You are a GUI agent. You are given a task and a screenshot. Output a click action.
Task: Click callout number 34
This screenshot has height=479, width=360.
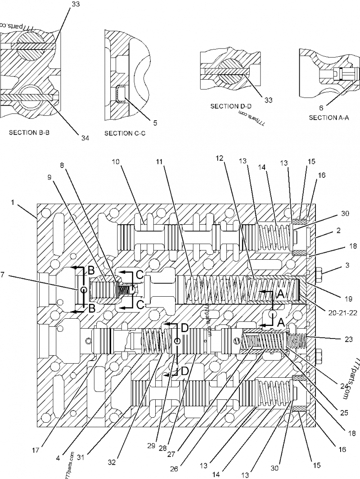(x=85, y=138)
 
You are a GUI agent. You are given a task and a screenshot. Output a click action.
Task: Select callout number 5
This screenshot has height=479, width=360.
(x=155, y=122)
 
